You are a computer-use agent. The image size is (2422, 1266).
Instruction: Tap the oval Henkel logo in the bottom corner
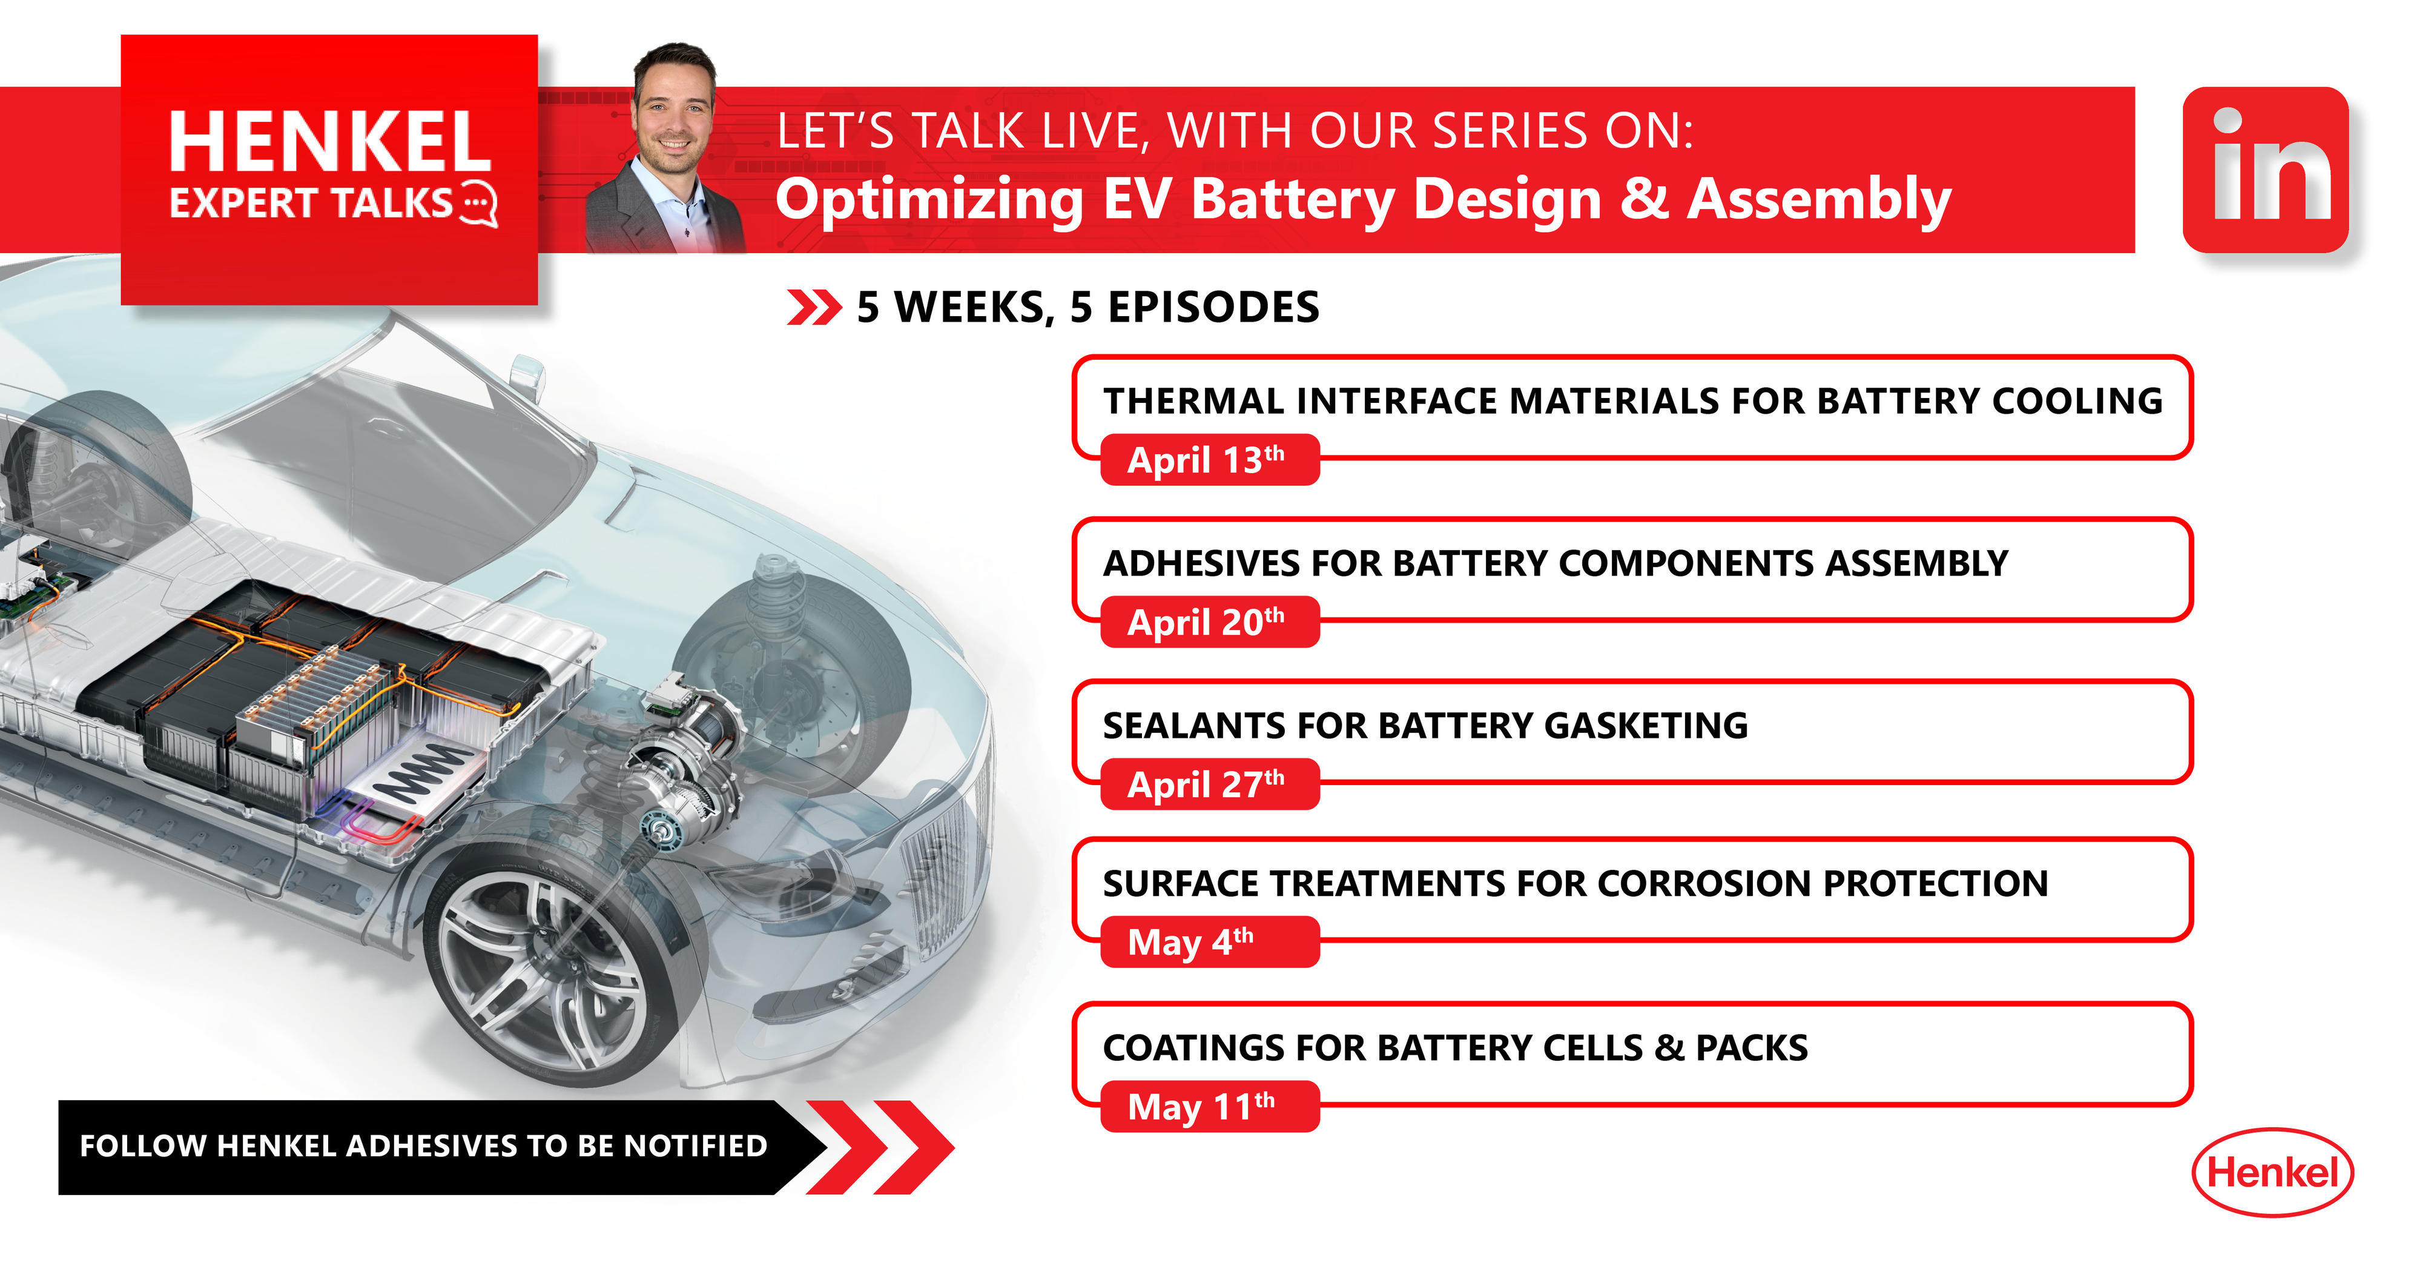(2272, 1172)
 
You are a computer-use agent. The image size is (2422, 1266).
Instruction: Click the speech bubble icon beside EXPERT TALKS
(480, 203)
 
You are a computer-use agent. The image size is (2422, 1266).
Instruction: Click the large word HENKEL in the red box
(329, 143)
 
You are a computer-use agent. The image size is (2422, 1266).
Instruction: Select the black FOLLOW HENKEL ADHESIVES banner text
(423, 1145)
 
